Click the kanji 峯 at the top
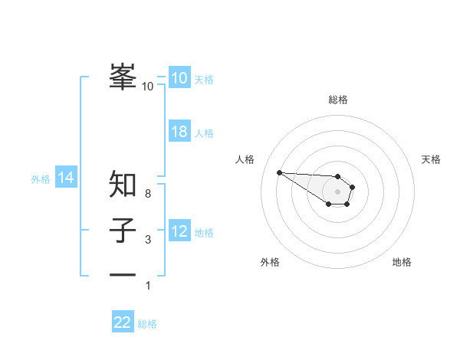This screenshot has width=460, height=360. [123, 77]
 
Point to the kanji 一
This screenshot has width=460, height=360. [123, 273]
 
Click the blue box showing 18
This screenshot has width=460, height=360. [179, 132]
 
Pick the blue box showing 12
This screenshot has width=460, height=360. [179, 231]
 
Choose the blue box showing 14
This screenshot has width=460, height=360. [66, 178]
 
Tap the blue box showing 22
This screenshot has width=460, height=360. [123, 322]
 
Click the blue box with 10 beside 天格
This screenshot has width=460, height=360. [179, 78]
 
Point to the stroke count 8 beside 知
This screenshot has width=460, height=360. [148, 194]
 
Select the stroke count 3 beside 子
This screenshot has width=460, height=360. [148, 240]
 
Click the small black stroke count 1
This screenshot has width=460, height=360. [148, 286]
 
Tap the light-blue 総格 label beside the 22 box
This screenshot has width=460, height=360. [147, 324]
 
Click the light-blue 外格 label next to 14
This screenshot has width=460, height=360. [41, 180]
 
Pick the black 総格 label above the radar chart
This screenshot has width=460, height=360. [338, 100]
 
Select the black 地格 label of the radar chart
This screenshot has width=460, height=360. [402, 262]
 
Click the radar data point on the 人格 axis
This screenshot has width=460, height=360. [279, 172]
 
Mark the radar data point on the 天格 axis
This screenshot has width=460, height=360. [353, 186]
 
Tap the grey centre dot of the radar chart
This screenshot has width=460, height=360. [338, 191]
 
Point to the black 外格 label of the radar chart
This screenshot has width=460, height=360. [270, 262]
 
